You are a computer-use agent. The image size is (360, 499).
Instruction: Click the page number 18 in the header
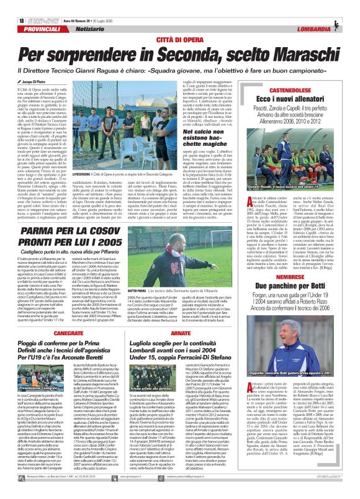(x=13, y=4)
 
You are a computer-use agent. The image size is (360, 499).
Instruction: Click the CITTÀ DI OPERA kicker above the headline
(x=179, y=22)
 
